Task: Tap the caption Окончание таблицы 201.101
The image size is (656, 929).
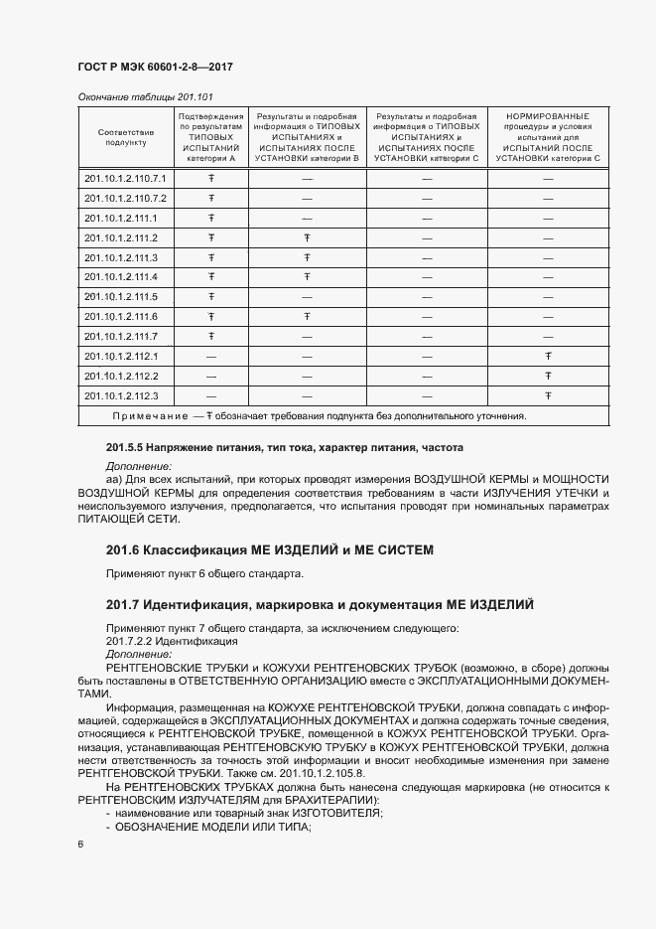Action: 134,95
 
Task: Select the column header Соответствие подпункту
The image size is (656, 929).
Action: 126,137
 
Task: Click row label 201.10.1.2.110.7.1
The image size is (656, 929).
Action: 126,178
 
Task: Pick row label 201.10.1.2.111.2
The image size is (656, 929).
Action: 122,237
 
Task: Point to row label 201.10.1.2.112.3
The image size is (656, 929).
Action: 122,396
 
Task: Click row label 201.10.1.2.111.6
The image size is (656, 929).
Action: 122,317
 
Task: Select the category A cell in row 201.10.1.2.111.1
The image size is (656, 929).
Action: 211,218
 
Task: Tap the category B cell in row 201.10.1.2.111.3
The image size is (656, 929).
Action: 307,257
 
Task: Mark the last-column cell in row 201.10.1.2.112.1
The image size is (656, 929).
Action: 548,356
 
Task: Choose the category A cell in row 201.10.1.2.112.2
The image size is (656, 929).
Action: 211,377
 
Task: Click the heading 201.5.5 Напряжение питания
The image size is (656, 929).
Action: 283,448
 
